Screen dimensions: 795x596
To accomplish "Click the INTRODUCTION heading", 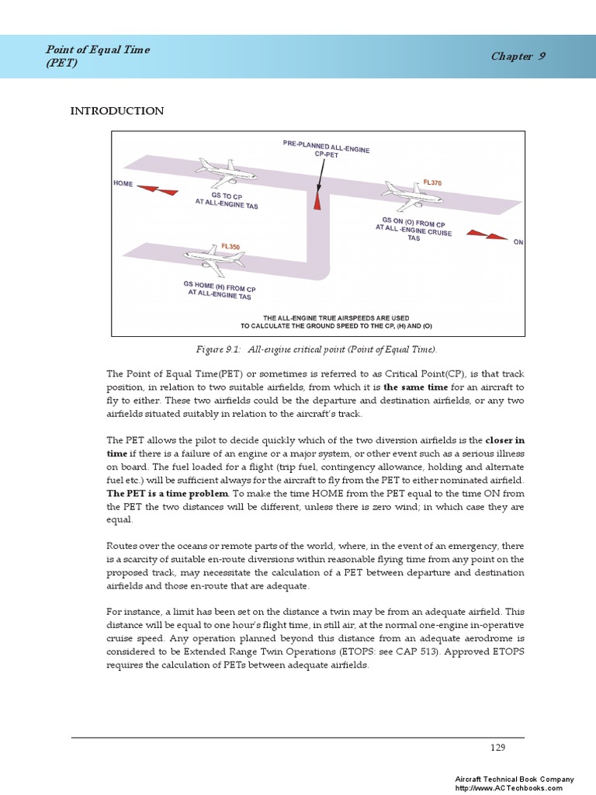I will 117,111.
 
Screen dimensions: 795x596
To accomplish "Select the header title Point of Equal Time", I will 98,50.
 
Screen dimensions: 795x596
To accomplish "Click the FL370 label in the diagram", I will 433,182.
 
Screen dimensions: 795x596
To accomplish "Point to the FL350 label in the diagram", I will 230,246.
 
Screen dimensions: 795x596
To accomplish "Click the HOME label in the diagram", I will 123,184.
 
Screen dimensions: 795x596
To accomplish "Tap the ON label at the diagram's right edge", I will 518,242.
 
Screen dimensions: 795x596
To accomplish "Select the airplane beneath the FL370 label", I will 411,196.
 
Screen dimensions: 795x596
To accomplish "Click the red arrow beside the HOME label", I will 159,189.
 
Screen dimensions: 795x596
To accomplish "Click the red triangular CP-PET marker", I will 317,200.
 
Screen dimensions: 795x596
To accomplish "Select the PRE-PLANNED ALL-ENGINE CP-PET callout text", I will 316,149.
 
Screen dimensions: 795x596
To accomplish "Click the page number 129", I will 497,747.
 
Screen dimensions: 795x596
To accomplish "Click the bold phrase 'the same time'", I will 415,386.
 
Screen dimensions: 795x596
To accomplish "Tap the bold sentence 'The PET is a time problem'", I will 168,493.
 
